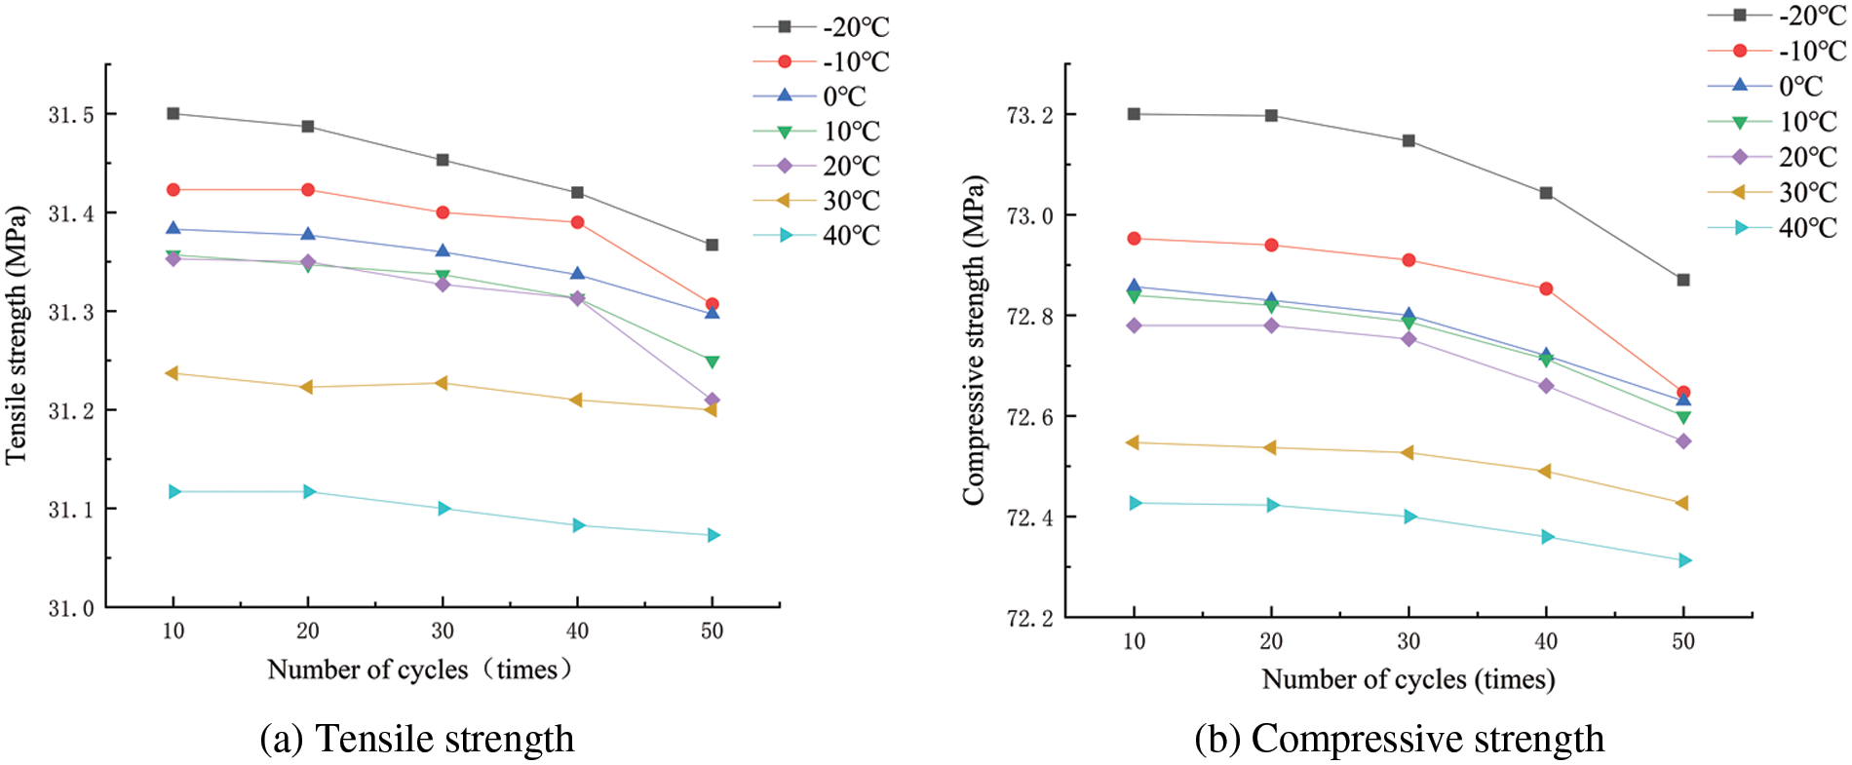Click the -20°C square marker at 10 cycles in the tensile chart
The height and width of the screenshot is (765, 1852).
point(174,113)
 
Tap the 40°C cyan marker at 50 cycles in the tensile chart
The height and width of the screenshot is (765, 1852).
point(714,535)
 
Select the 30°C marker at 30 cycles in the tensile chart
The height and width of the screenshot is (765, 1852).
point(442,383)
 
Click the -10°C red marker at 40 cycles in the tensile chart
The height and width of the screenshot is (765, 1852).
point(578,222)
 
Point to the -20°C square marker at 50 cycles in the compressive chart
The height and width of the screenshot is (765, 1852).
point(1683,280)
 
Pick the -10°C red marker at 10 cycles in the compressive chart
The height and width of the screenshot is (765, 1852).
point(1134,239)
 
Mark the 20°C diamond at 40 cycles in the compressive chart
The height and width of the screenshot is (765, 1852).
point(1546,386)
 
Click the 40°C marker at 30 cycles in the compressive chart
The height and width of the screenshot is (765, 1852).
point(1409,516)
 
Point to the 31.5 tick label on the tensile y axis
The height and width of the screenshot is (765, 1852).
point(72,115)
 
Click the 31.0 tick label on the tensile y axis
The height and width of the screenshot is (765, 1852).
point(72,608)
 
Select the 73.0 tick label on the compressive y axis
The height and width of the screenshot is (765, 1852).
point(1029,215)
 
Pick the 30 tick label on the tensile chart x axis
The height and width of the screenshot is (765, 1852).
point(443,631)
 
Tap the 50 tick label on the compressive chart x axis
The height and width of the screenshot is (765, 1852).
point(1683,641)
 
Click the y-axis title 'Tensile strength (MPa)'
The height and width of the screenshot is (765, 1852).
point(17,334)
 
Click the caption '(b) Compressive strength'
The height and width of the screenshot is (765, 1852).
point(1399,739)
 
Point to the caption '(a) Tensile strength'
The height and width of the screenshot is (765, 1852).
point(417,739)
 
